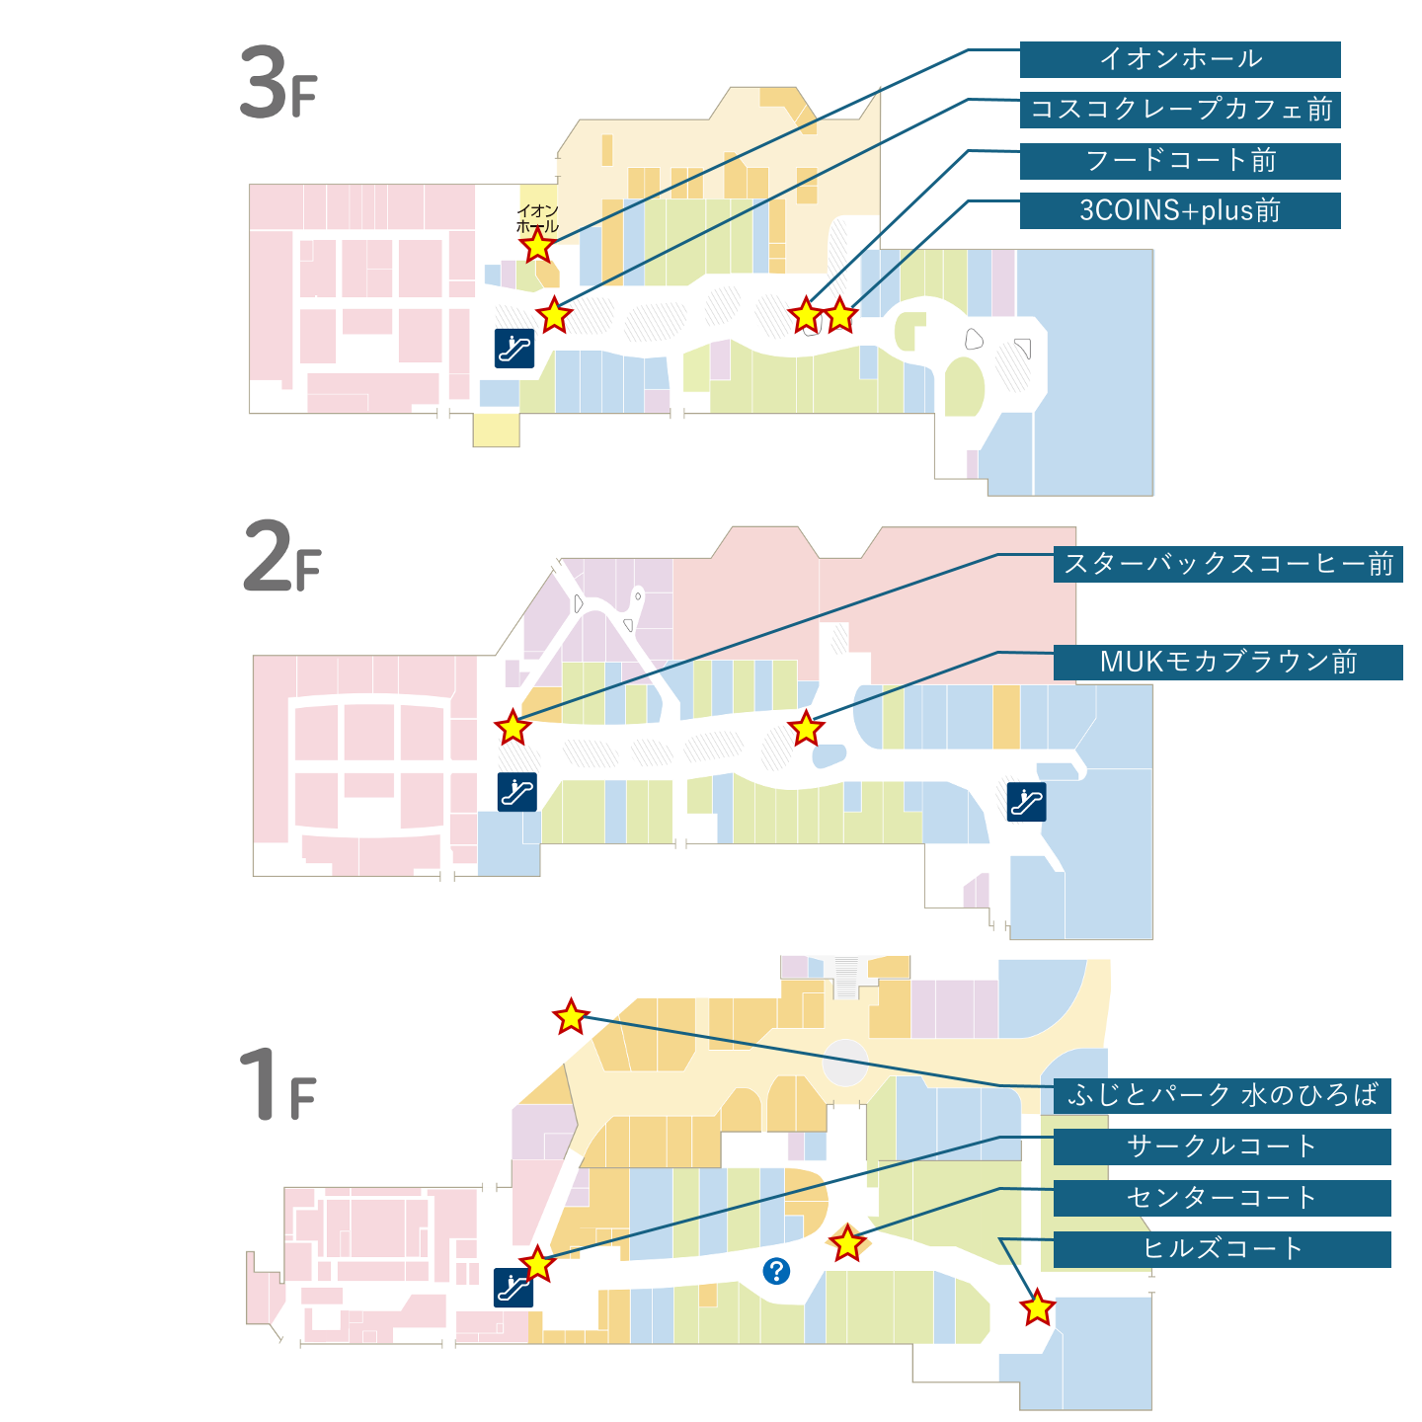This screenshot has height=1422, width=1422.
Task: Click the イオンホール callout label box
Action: click(x=1179, y=60)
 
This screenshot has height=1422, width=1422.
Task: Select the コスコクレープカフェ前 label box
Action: click(x=1179, y=110)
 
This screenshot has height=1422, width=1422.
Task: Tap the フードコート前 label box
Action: click(x=1179, y=161)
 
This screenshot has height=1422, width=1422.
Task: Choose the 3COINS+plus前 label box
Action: click(x=1179, y=211)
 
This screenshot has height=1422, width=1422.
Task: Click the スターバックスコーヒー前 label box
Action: click(x=1227, y=565)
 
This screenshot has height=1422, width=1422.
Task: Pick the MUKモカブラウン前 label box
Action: click(x=1227, y=662)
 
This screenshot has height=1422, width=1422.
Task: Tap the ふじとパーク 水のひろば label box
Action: click(x=1222, y=1095)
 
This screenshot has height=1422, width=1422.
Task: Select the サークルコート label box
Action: click(x=1222, y=1146)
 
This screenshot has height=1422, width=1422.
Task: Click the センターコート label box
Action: click(x=1222, y=1198)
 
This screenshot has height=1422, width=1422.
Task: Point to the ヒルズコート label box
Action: click(x=1222, y=1249)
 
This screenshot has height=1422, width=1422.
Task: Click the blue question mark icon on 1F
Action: click(x=775, y=1271)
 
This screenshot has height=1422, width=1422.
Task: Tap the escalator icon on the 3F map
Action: click(x=514, y=349)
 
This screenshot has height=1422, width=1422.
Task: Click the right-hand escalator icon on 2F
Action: click(x=1026, y=802)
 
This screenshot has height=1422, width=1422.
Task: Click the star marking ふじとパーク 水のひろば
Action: click(x=571, y=1016)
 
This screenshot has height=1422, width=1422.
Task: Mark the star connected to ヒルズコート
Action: click(x=1037, y=1306)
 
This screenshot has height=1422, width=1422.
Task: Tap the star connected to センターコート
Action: click(x=846, y=1242)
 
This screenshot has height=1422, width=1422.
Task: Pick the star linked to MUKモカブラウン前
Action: click(x=805, y=729)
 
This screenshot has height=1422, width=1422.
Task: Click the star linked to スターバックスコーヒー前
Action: click(x=513, y=727)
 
